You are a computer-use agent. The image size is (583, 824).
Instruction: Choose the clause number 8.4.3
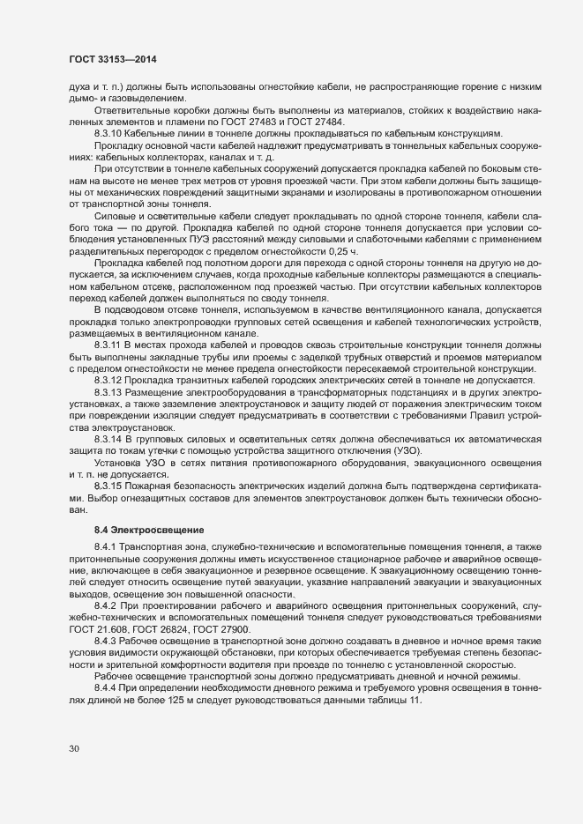coord(107,641)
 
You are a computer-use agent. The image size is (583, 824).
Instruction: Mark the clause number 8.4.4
coord(107,687)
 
